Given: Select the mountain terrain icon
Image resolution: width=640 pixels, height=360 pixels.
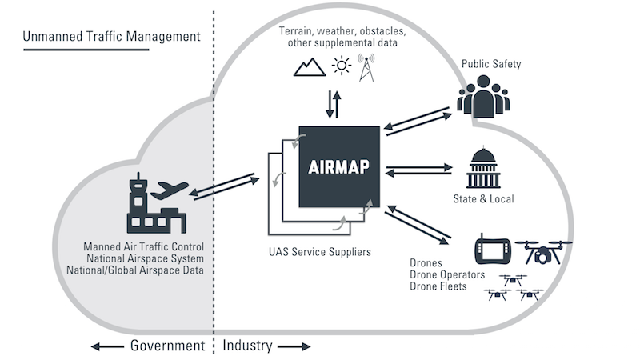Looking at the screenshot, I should [310, 67].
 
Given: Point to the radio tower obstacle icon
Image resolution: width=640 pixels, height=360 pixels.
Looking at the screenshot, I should [369, 67].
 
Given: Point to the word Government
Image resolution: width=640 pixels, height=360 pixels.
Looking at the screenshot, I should [166, 346].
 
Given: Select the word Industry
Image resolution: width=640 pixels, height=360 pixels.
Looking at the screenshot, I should [247, 346].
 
